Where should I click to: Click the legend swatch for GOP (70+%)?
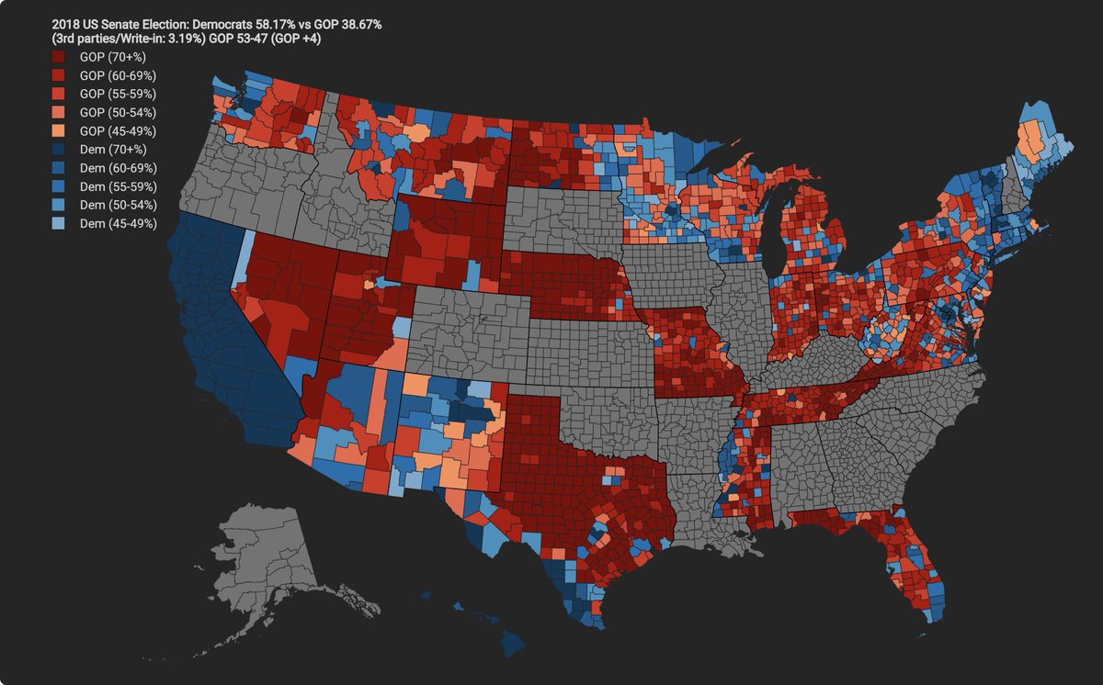pos(60,57)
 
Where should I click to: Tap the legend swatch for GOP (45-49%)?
pos(60,130)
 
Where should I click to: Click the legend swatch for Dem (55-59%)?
pos(60,186)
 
